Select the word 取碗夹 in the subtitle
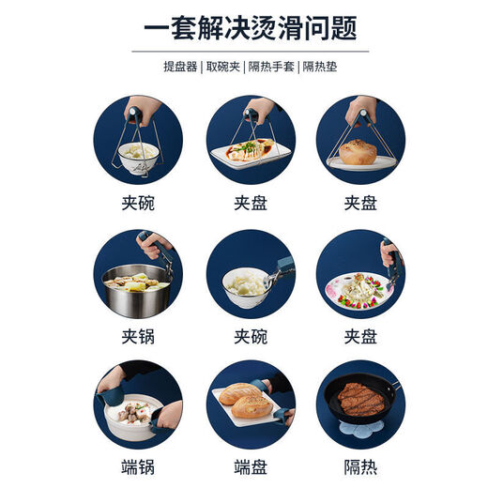pos(223,67)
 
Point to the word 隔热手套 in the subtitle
pos(273,67)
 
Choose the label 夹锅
pos(137,336)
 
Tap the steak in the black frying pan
pos(360,398)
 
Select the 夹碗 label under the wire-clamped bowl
pos(137,202)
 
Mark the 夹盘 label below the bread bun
pos(360,202)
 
